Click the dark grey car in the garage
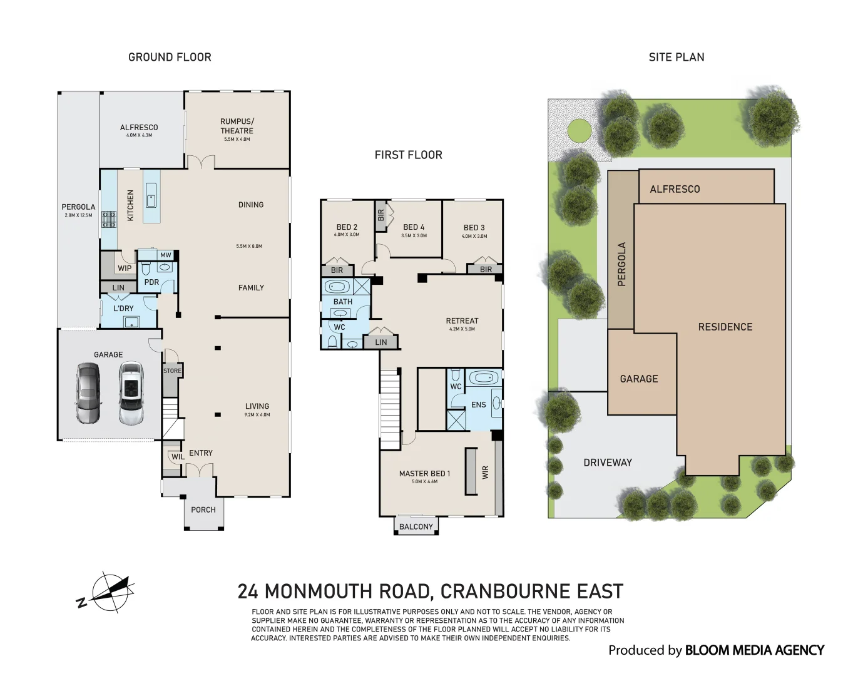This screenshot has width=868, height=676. [88, 393]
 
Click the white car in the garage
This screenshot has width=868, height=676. [131, 393]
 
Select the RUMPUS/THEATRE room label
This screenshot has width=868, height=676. [237, 126]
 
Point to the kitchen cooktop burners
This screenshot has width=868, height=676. [108, 219]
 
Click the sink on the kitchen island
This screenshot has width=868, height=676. [151, 195]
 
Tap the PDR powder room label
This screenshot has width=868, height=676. [151, 282]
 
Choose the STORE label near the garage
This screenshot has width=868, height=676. [172, 371]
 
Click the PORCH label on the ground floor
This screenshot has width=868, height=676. [203, 510]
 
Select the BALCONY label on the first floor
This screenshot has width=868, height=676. [416, 526]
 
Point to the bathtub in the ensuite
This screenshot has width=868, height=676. [483, 377]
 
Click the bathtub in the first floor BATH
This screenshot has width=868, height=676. [337, 287]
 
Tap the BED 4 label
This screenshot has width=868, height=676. [414, 227]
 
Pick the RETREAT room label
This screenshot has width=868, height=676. [462, 320]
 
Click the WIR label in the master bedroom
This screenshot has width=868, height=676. [486, 472]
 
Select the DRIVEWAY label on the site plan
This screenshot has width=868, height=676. [608, 463]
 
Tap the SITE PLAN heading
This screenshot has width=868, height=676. [677, 57]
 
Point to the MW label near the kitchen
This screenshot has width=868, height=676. [165, 255]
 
